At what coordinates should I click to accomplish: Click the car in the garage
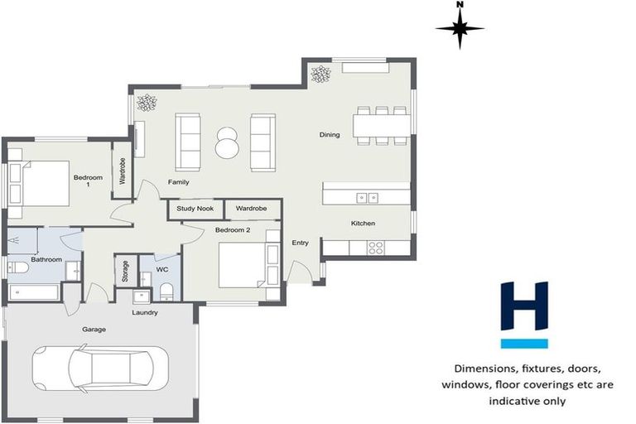[100, 367]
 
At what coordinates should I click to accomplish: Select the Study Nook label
[195, 209]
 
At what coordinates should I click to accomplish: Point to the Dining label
[330, 135]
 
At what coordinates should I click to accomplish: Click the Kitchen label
[363, 224]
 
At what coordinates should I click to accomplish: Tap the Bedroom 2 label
[233, 229]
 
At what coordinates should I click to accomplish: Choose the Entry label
[300, 243]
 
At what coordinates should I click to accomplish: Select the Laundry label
[144, 312]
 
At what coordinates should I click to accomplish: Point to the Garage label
[94, 330]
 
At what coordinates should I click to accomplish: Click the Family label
[178, 181]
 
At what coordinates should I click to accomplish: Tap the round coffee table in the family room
[226, 142]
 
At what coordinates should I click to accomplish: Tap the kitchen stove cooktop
[375, 246]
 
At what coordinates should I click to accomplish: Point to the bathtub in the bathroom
[34, 292]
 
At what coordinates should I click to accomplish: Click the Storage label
[125, 272]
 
